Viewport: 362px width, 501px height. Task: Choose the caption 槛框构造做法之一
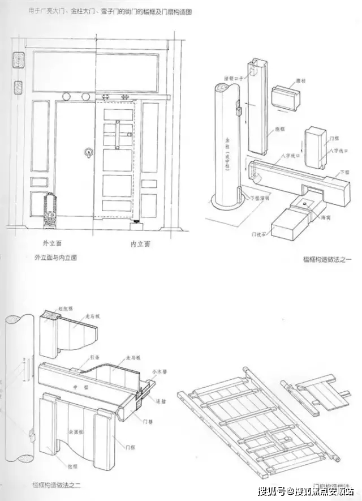327,259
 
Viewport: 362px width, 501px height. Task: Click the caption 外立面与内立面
56,256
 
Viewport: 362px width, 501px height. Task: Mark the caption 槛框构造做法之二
57,485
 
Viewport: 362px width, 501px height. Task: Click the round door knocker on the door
88,152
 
